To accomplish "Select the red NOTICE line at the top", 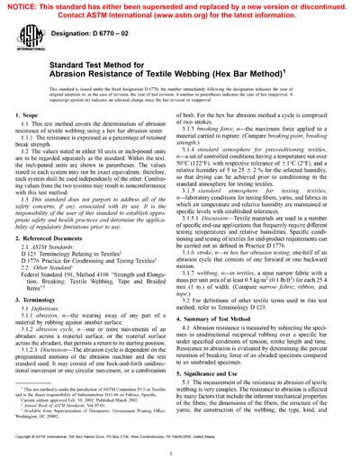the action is click(x=179, y=6).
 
